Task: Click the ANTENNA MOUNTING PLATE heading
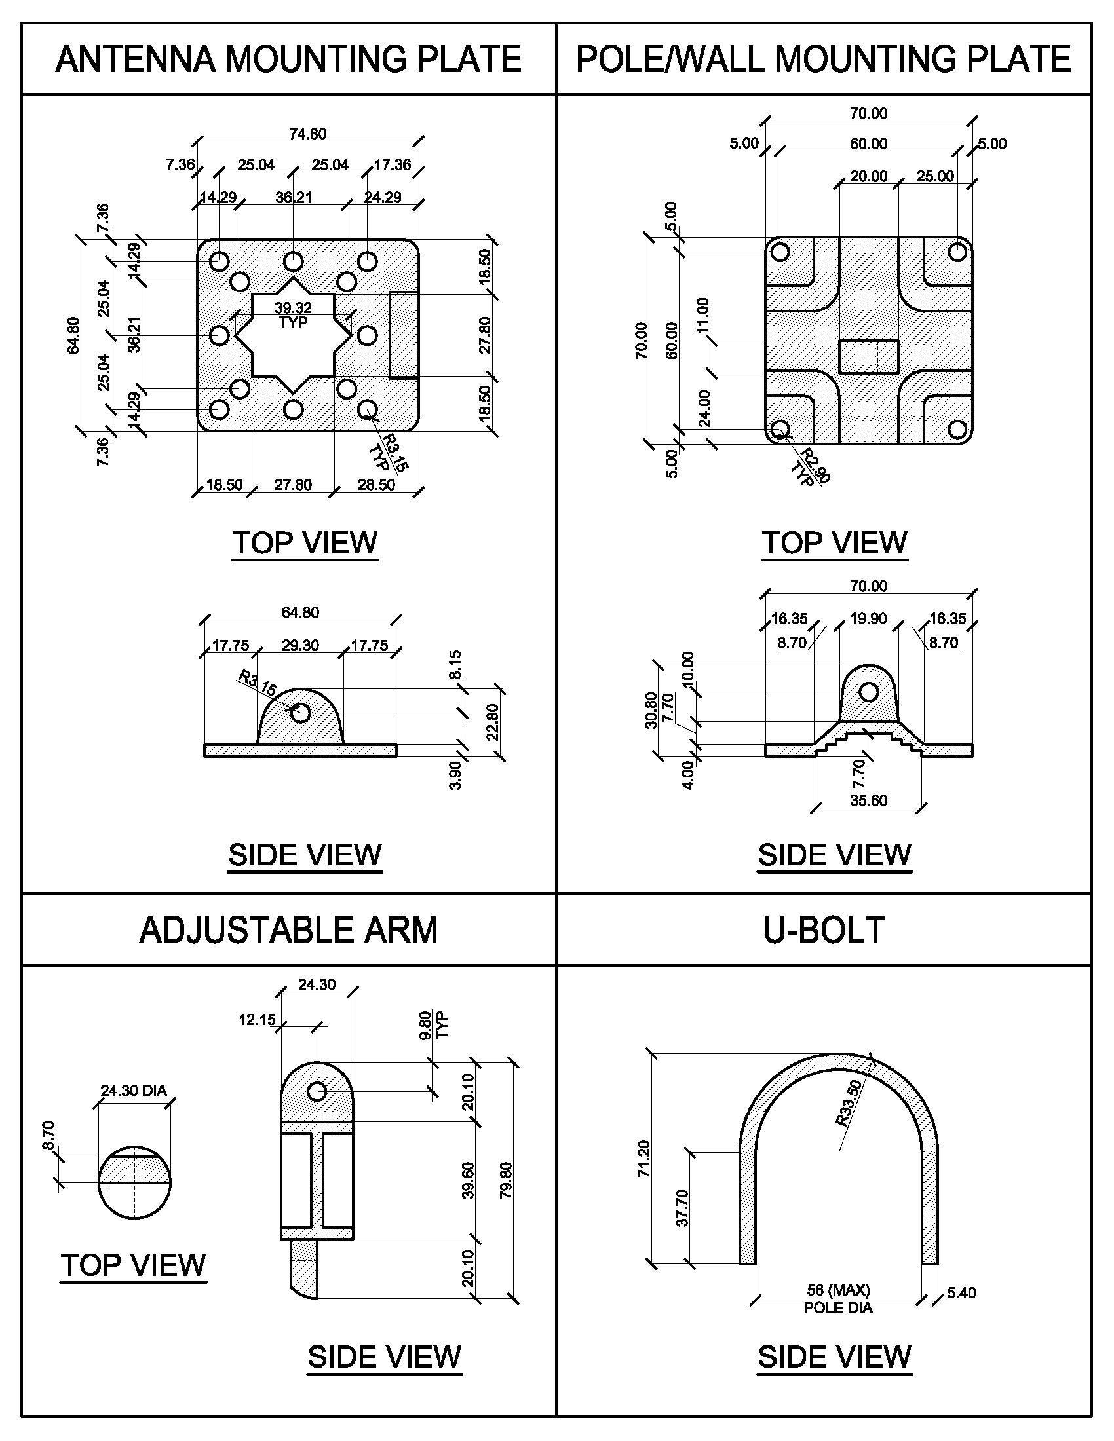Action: [288, 60]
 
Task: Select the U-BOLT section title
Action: [824, 929]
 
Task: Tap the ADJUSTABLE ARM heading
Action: [288, 929]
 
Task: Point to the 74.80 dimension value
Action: [307, 134]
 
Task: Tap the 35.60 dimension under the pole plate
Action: [868, 801]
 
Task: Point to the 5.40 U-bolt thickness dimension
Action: [961, 1292]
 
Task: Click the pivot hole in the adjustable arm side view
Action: [317, 1091]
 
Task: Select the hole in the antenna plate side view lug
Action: [301, 713]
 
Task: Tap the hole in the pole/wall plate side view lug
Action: [868, 692]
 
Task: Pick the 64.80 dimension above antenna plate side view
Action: [300, 612]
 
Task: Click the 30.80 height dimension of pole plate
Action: [651, 710]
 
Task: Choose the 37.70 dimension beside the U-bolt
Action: [683, 1207]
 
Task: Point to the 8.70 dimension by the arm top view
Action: [49, 1136]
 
